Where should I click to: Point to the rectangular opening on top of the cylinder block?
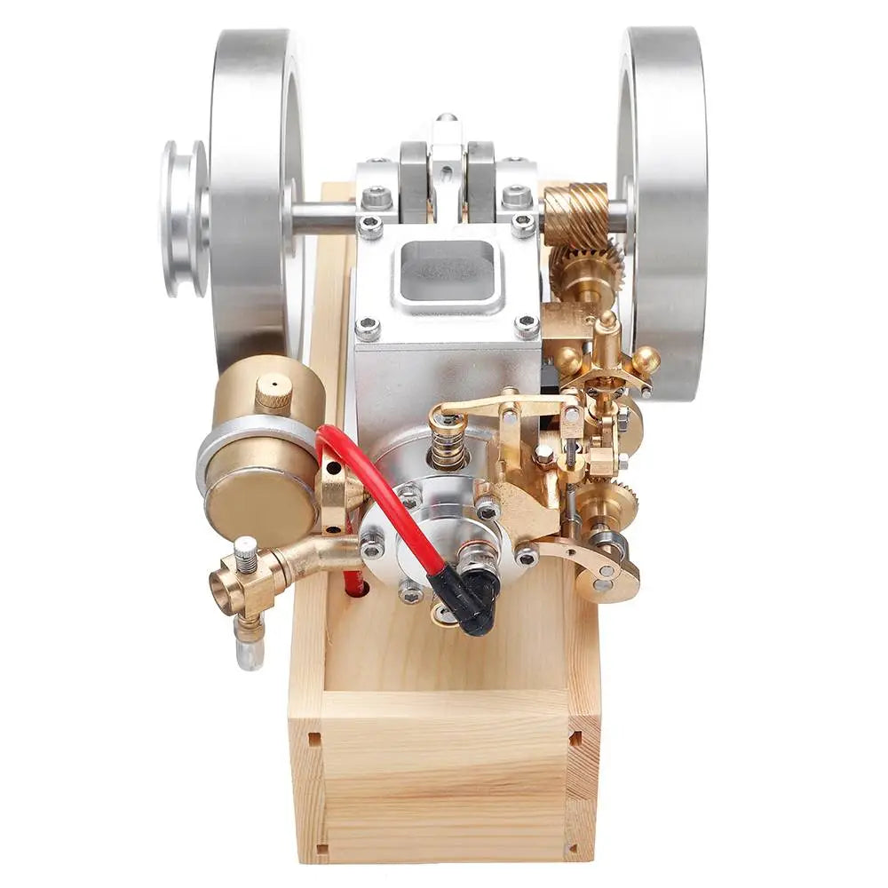point(444,266)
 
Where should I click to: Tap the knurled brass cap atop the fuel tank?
point(274,392)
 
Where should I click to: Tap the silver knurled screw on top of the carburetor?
point(246,553)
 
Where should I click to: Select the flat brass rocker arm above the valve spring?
point(497,405)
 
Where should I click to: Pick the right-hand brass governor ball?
point(646,360)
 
